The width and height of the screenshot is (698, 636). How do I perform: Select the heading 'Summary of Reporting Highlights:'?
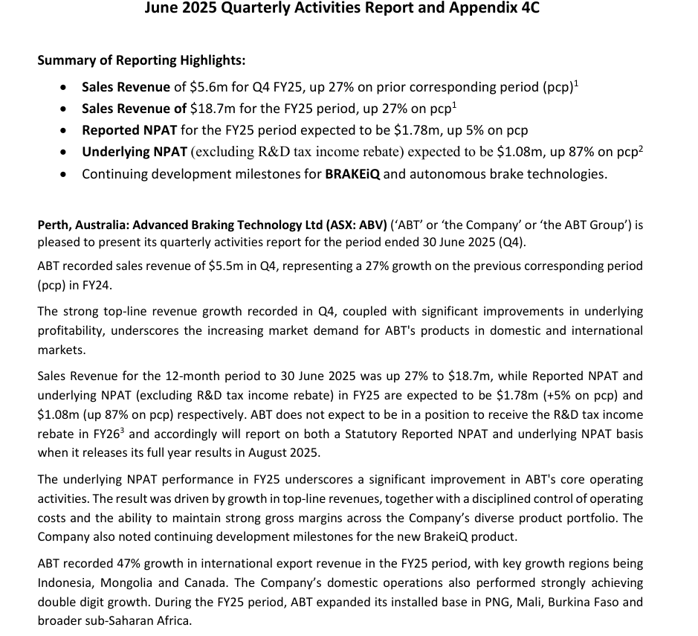tap(141, 60)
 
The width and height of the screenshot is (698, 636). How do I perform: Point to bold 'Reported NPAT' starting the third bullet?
tap(129, 130)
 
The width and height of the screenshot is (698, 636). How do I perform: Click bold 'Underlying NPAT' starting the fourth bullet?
tap(135, 152)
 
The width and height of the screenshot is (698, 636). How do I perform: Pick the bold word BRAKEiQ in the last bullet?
tap(354, 174)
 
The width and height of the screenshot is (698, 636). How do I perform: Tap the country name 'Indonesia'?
tap(67, 583)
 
